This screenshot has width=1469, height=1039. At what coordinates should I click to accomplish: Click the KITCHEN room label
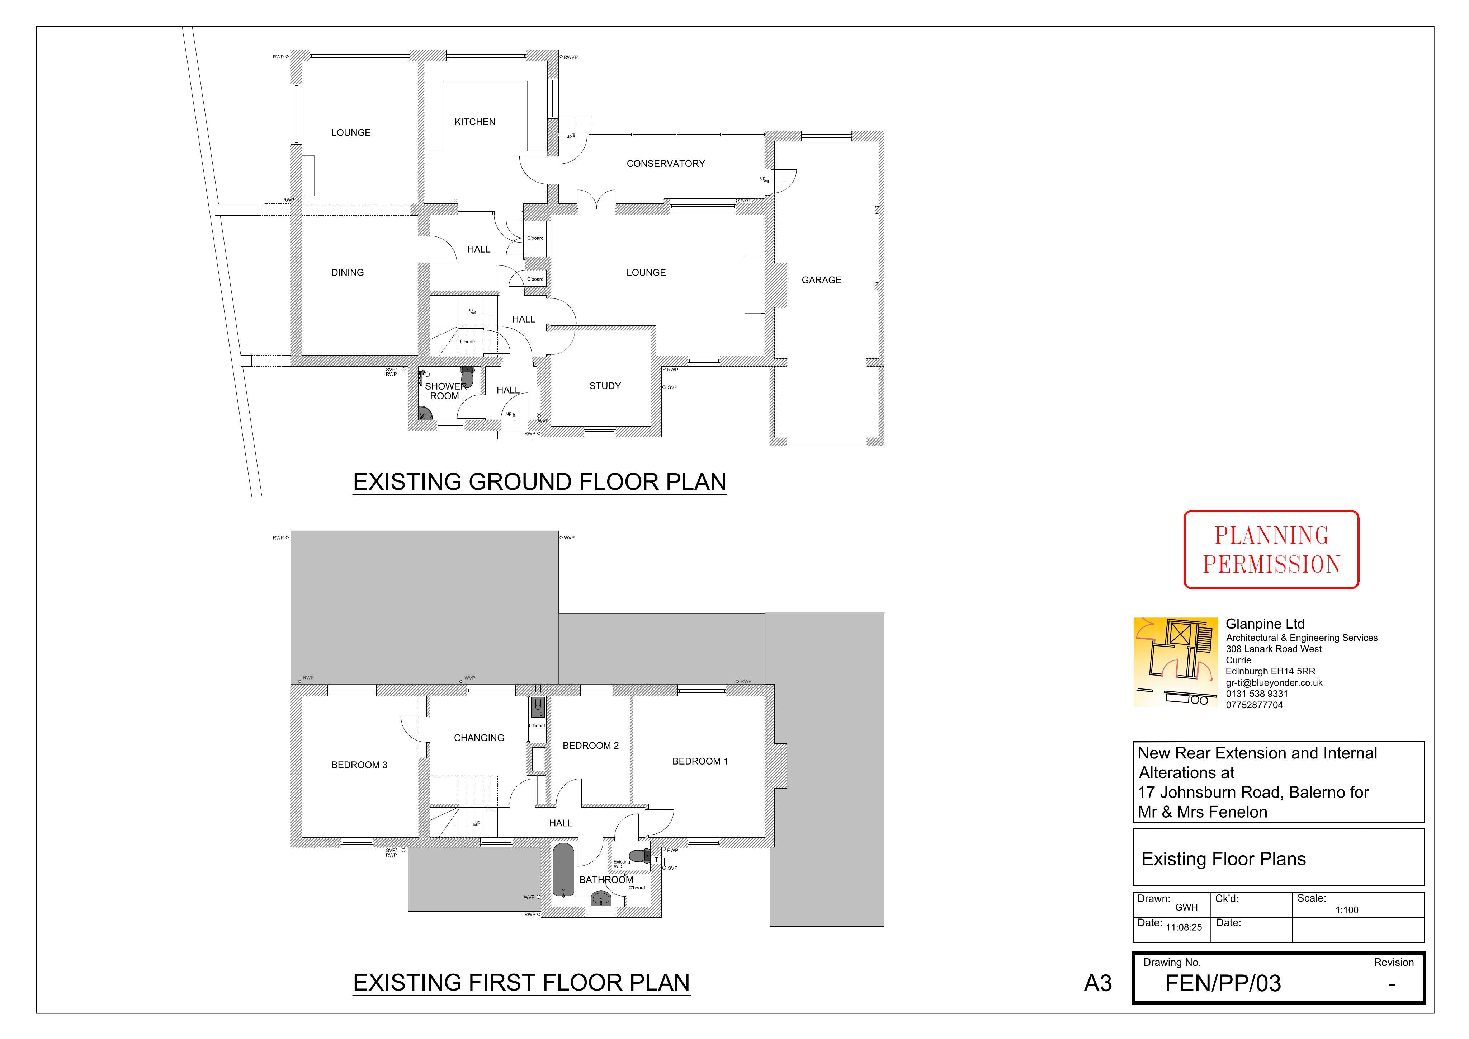point(475,122)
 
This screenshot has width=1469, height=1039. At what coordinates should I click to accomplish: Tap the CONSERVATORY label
point(665,164)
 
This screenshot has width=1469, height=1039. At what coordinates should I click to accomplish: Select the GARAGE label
point(822,280)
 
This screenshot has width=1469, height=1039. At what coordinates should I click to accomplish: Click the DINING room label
point(348,273)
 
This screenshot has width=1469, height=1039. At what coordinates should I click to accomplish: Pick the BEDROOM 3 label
point(360,765)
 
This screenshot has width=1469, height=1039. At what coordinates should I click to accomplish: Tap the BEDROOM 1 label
point(700,761)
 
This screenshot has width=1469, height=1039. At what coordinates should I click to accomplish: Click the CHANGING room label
point(479,738)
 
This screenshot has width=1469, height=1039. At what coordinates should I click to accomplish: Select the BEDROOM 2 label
point(591,746)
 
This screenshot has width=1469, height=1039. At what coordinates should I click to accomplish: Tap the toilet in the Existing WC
point(640,855)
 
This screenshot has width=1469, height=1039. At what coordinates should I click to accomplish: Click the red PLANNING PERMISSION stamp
point(1271,549)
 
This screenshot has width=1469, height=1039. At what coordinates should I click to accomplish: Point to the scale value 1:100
point(1347,910)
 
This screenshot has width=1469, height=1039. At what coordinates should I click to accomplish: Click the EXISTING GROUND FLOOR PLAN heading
point(539,482)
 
